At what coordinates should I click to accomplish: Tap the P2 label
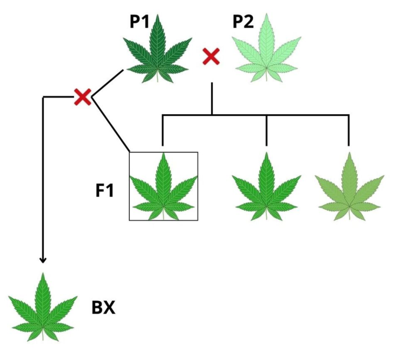(243, 22)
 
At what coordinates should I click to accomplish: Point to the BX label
(103, 308)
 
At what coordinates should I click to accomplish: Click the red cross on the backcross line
(82, 97)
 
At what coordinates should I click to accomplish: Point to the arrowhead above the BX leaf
(43, 260)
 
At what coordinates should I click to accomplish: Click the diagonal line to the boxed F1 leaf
(111, 125)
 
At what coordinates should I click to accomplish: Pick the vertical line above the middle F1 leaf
(266, 131)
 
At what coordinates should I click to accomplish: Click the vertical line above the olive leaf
(349, 131)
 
